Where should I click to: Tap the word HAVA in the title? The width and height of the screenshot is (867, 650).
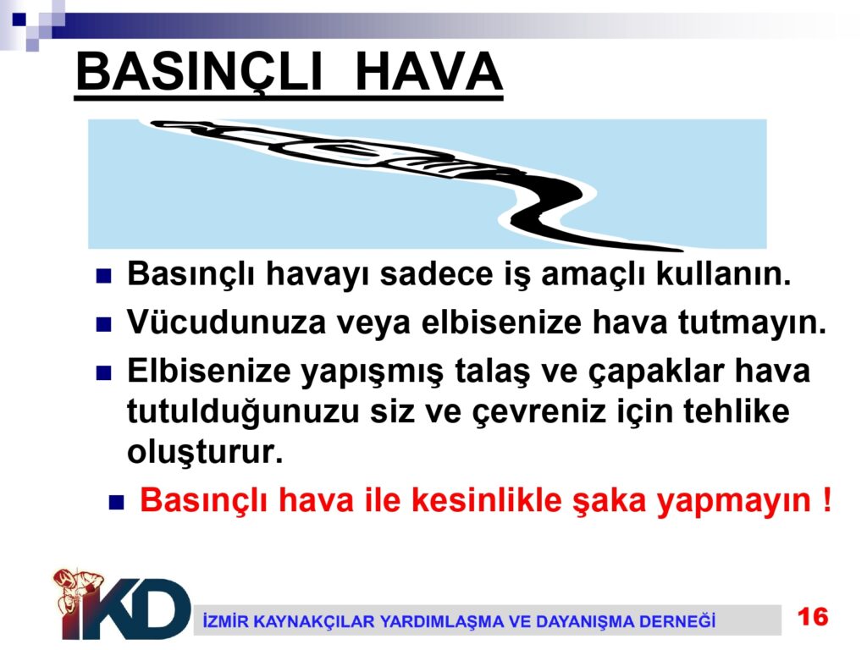[x=428, y=72]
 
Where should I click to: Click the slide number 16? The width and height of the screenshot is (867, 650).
[x=813, y=616]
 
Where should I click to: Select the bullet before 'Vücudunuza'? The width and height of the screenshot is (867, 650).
[x=103, y=324]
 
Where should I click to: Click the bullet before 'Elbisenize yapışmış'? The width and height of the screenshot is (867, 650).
[x=103, y=373]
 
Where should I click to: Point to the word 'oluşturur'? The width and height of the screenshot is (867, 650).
[x=205, y=453]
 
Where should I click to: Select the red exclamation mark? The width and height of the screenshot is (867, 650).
[x=826, y=499]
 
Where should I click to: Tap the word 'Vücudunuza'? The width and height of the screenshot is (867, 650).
[x=227, y=322]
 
